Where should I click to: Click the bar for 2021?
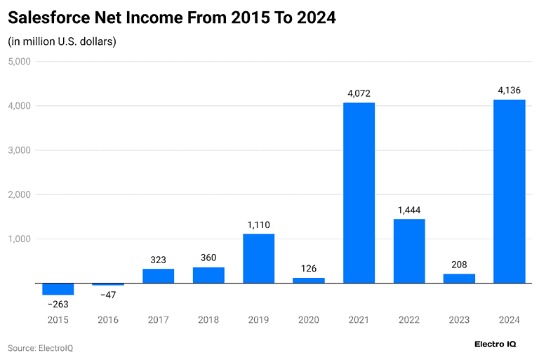[x=359, y=193]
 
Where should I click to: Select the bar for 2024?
[x=510, y=192]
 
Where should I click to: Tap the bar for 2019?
[x=258, y=258]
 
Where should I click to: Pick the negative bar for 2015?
[x=58, y=288]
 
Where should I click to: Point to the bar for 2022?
[x=409, y=251]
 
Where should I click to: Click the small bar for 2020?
[x=309, y=280]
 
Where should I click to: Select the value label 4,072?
[x=359, y=93]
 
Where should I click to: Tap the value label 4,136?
[x=510, y=90]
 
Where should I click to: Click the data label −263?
[x=58, y=305]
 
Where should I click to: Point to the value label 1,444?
[x=409, y=210]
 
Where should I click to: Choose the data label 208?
[x=459, y=265]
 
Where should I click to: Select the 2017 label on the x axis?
[x=158, y=320]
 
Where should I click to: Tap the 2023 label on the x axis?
[x=459, y=320]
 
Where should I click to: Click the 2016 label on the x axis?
[x=108, y=320]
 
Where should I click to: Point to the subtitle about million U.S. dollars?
[x=62, y=41]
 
